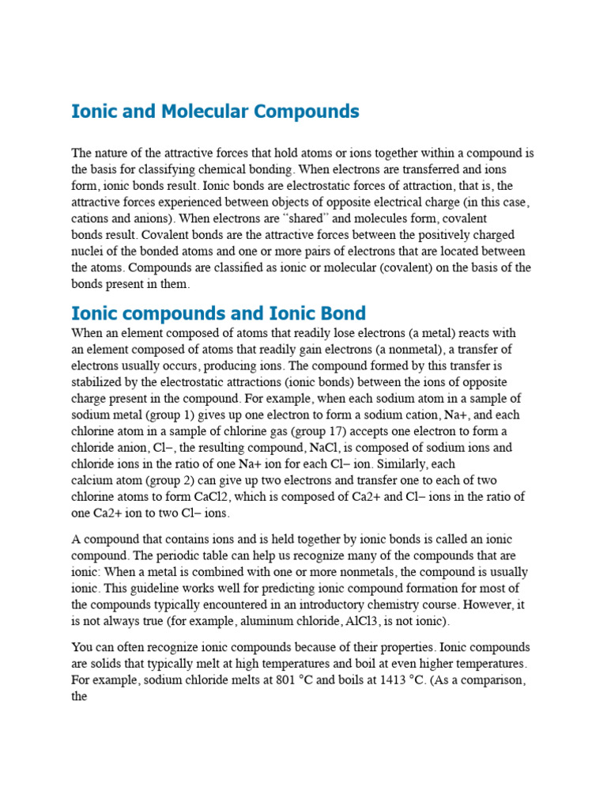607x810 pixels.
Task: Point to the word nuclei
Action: (88, 252)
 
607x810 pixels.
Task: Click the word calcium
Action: (92, 481)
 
